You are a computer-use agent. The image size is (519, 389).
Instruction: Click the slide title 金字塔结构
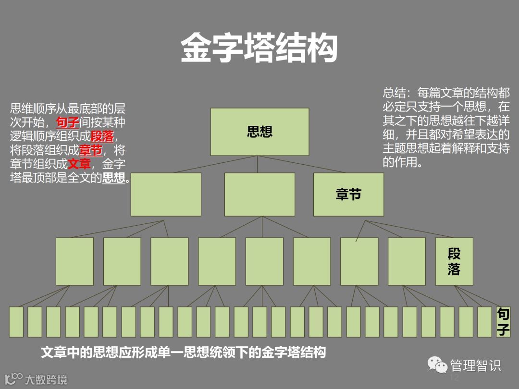pos(259,48)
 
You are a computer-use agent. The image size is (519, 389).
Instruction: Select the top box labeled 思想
pos(259,132)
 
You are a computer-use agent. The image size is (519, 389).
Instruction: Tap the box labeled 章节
pos(348,194)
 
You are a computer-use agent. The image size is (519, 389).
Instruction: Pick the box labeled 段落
pos(454,261)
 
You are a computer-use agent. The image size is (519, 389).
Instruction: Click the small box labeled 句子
pos(503,322)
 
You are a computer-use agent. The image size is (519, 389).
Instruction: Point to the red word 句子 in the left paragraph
pos(67,122)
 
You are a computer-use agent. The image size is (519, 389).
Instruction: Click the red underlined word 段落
pos(102,136)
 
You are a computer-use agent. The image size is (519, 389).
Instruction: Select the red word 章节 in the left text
pos(91,150)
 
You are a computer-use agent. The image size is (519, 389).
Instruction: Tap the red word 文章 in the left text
pos(79,164)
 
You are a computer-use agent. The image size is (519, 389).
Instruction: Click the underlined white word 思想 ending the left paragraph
pos(113,178)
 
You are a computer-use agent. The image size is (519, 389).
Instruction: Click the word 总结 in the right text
pos(393,93)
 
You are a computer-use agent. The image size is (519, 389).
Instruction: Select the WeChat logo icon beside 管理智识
pos(437,366)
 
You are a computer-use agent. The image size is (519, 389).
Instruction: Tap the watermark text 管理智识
pos(475,366)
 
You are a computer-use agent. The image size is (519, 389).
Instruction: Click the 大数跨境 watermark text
pos(46,379)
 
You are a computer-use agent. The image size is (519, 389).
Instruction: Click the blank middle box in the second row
pos(259,194)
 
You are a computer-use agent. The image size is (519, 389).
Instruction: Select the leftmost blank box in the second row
pos(166,194)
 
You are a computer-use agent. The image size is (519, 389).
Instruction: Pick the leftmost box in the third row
pos(74,261)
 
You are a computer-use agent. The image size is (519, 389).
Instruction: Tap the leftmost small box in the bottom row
pos(16,322)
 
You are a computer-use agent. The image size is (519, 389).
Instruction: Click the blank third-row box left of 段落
pos(407,261)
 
